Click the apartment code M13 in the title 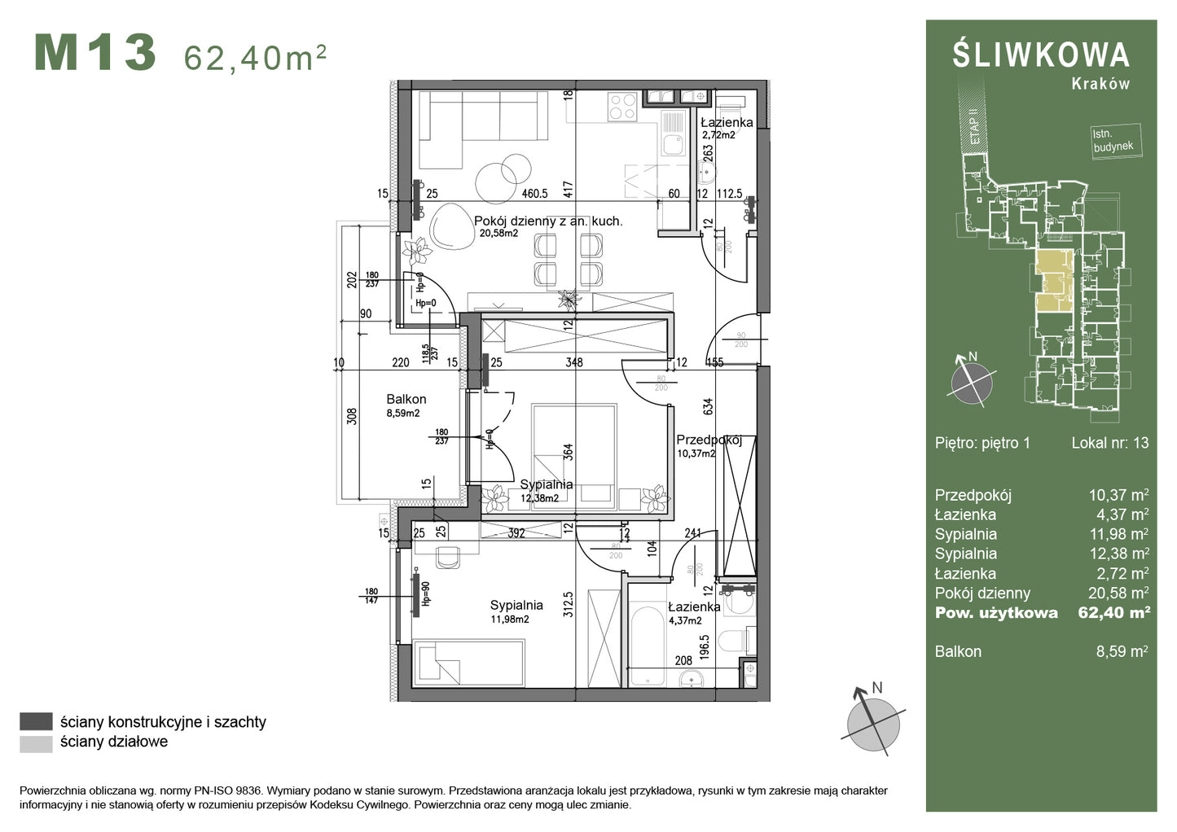pos(95,54)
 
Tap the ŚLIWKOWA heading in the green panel pos(1041,55)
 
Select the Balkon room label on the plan pos(406,399)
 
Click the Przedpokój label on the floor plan pos(709,440)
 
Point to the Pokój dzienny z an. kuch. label pos(548,221)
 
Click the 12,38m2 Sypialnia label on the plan pos(546,485)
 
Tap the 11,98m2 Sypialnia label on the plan pos(516,606)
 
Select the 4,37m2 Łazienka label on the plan pos(693,607)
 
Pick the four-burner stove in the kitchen pos(623,107)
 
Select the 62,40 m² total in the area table pos(1113,613)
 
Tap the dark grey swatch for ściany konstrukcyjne pos(36,721)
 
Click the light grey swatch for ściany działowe pos(36,742)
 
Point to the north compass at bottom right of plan pos(873,719)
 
